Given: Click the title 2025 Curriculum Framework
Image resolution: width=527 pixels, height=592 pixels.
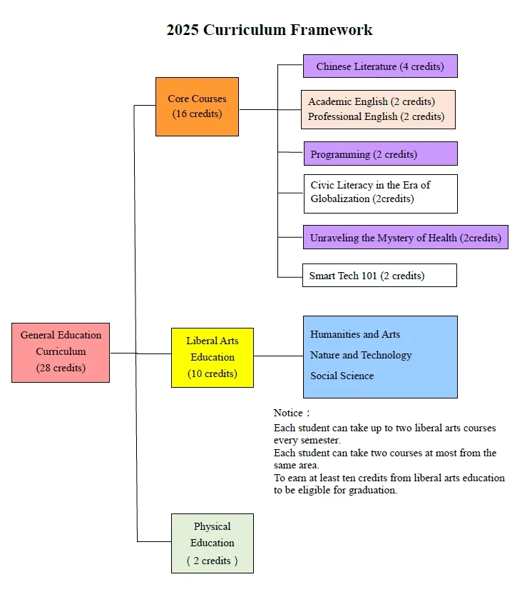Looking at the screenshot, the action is click(x=269, y=30).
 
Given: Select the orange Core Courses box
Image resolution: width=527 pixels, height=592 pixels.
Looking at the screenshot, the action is click(x=197, y=107).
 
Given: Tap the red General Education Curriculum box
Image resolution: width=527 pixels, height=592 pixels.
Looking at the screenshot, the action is click(x=61, y=353).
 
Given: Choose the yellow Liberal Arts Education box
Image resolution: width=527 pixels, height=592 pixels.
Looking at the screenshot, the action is click(x=213, y=358).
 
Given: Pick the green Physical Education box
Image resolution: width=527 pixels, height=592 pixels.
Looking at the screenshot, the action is click(x=213, y=543).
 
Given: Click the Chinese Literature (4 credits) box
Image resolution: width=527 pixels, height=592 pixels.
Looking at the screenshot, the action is click(x=380, y=66).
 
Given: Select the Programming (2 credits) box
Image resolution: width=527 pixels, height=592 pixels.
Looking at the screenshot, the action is click(x=381, y=154).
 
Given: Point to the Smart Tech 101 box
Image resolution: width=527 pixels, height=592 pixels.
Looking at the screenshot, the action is click(x=379, y=275).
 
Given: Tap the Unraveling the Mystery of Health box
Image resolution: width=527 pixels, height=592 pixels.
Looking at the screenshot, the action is click(x=406, y=237).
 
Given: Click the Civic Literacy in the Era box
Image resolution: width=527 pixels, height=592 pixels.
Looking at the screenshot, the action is click(x=381, y=194).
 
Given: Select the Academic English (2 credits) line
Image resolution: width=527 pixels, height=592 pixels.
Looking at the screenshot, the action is click(x=372, y=101).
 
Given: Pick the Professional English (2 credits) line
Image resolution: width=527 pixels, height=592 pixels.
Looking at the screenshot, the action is click(x=377, y=116).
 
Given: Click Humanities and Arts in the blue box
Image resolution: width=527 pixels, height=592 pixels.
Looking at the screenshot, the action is click(x=355, y=334).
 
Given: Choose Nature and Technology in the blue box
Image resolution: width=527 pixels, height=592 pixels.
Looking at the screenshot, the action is click(x=361, y=355).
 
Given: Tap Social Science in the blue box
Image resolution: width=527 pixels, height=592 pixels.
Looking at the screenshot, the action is click(x=342, y=376).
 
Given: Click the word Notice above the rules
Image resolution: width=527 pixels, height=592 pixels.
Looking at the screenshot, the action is click(x=288, y=413).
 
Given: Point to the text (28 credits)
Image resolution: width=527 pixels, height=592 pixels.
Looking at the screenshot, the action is click(x=61, y=368).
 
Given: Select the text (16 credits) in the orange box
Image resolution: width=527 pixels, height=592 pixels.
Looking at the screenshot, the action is click(x=197, y=114).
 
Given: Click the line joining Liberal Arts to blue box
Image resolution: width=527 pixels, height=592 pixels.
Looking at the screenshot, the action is click(x=279, y=356).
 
